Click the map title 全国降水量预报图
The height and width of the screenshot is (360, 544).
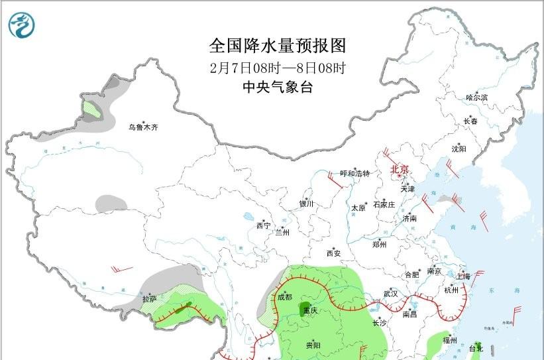point(278,46)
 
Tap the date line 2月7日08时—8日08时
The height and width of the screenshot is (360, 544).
point(278,68)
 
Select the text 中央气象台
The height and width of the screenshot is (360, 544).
point(278,88)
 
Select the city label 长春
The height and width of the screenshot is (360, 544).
point(470,121)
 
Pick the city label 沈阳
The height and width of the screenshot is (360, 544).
point(459,149)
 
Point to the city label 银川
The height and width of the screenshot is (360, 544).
point(306,204)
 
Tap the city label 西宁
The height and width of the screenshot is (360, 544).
point(263,226)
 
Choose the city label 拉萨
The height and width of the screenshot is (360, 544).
point(149,299)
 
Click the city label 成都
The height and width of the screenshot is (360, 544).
point(284,296)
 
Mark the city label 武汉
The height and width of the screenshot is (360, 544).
point(390,293)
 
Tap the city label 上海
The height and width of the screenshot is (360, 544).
point(463,276)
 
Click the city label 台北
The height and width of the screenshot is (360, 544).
point(476,348)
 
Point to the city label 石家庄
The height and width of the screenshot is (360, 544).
point(384,204)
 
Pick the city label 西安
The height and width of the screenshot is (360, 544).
point(333,253)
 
